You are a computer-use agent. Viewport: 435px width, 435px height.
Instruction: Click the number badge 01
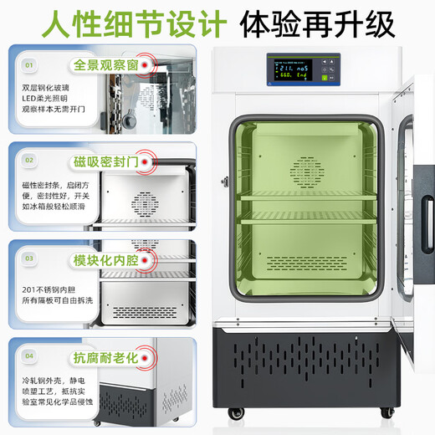tap(29, 64)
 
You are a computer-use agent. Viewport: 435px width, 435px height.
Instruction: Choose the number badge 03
tap(29, 259)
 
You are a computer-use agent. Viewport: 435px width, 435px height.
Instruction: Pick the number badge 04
tap(29, 356)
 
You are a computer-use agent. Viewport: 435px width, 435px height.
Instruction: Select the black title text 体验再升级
tap(315, 23)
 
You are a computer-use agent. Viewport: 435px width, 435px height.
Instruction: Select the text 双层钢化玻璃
tap(45, 84)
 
